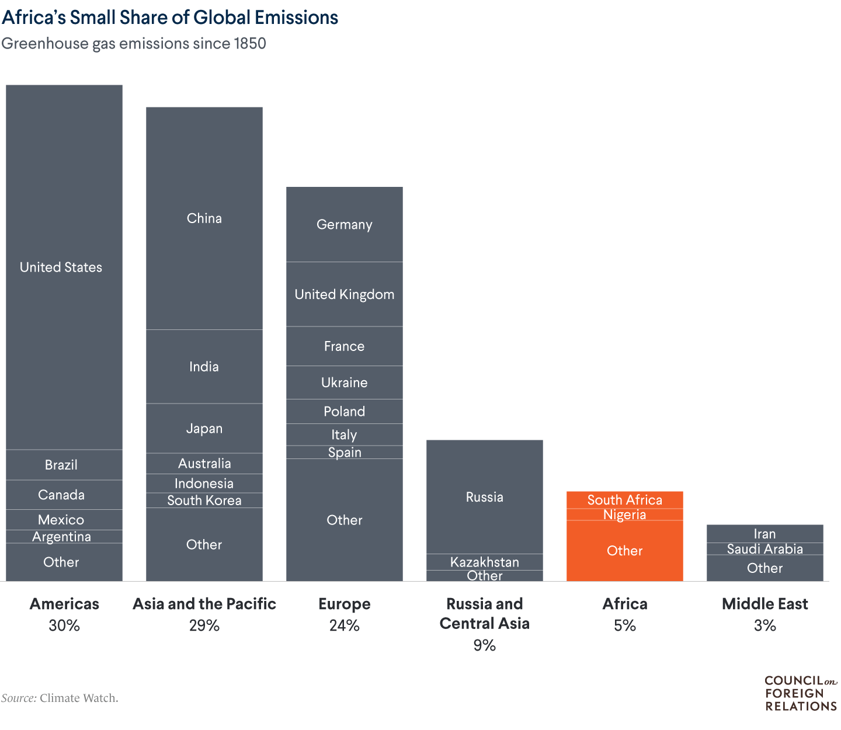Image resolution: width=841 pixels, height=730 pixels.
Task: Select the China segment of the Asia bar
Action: click(x=204, y=218)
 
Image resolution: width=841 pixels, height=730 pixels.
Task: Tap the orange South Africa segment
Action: click(x=624, y=500)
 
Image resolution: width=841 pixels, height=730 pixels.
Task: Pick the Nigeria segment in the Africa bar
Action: click(x=624, y=515)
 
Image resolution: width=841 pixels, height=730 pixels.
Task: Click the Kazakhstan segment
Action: click(x=484, y=562)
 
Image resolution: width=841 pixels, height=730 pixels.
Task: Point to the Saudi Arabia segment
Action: click(x=764, y=549)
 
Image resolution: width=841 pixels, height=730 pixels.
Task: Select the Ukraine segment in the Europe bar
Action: click(x=344, y=383)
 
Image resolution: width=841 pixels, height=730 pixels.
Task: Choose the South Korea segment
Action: click(x=204, y=500)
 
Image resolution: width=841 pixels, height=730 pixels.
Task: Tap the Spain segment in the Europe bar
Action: click(x=344, y=453)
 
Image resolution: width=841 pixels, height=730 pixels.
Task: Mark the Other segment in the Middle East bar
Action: click(x=764, y=568)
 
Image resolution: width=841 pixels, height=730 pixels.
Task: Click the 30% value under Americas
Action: click(x=64, y=625)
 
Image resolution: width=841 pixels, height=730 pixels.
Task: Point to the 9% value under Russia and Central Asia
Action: click(x=484, y=645)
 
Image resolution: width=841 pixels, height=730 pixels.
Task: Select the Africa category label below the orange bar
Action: click(x=624, y=604)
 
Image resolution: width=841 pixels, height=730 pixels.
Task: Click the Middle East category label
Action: click(x=764, y=604)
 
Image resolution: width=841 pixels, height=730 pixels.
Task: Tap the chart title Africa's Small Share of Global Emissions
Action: click(x=170, y=18)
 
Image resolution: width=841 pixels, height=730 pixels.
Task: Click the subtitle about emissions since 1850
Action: click(x=134, y=44)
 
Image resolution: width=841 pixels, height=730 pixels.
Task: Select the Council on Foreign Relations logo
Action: click(x=800, y=693)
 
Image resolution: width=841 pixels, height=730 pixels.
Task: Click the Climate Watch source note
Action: click(x=60, y=698)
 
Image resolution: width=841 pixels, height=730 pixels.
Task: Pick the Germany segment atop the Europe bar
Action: click(x=344, y=225)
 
